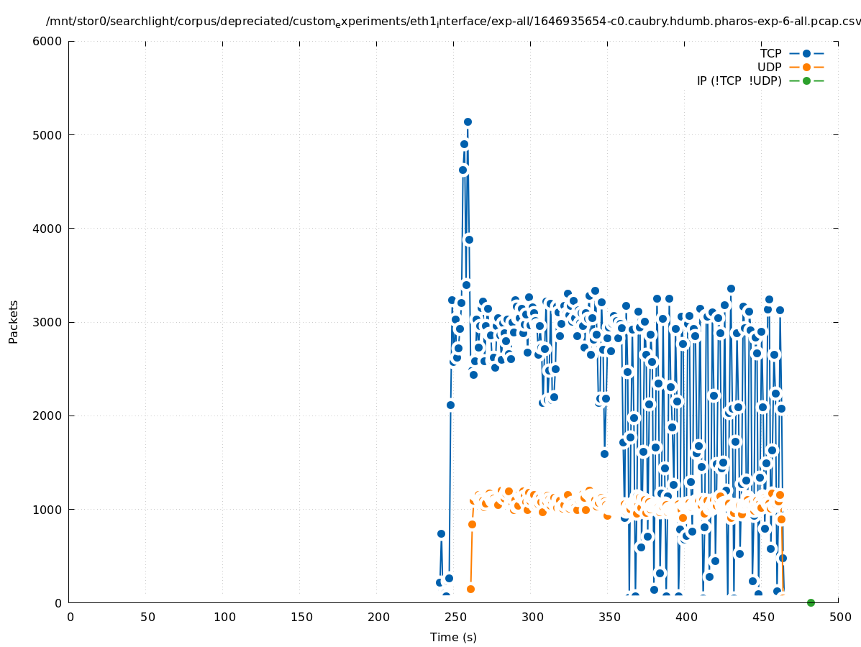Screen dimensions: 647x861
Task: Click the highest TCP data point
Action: click(468, 121)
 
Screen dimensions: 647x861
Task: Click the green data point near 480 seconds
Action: click(811, 602)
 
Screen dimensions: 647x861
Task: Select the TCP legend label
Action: click(770, 53)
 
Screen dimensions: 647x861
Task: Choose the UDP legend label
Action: click(769, 67)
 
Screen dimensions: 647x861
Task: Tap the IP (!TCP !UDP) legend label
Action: click(739, 81)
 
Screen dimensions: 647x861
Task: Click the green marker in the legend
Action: click(806, 81)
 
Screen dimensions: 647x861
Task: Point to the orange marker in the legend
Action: click(806, 67)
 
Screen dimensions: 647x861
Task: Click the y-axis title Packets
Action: click(14, 321)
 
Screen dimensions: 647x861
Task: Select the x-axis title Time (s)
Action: click(453, 637)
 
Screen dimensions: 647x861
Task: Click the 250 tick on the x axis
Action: click(455, 617)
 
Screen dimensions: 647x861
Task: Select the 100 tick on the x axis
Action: click(224, 617)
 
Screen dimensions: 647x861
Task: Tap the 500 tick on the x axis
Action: click(839, 617)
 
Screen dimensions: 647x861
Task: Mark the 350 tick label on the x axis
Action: click(609, 617)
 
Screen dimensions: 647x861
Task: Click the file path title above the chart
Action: click(453, 22)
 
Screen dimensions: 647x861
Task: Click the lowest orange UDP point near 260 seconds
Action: click(470, 589)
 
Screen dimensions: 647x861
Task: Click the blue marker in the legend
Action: click(806, 53)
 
